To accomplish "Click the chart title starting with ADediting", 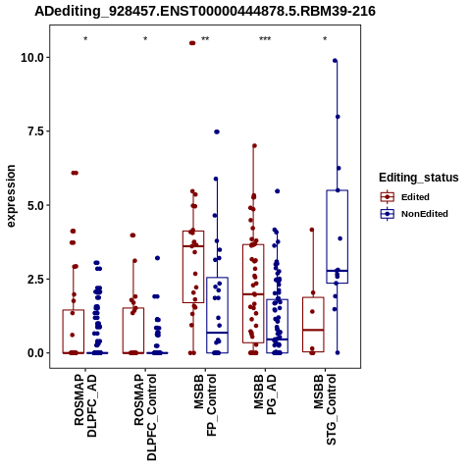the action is tap(205, 12).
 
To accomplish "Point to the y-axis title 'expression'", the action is tap(11, 196).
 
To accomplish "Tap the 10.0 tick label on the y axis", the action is tap(32, 58).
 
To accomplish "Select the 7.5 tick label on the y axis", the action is tap(35, 131).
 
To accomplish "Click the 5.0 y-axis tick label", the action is tap(35, 205).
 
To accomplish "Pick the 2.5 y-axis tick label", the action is tap(35, 280).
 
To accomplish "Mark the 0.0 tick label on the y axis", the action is tap(35, 353).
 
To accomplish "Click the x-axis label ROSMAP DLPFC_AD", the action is tap(85, 405).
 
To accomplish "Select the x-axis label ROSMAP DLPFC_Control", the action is tap(145, 417).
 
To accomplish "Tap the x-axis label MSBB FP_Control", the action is tap(205, 405).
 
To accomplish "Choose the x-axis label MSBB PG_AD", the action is tap(265, 394).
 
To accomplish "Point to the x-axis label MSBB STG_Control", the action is tap(325, 409).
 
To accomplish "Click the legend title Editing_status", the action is tap(419, 178).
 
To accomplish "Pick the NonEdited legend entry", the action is tap(414, 214).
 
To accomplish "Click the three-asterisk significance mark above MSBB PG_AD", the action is tap(265, 39).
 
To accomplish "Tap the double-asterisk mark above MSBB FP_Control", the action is tap(205, 39).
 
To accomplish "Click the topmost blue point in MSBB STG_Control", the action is tap(335, 61).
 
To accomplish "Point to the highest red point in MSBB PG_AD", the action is tap(254, 146).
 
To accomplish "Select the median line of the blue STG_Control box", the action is tap(337, 271).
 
